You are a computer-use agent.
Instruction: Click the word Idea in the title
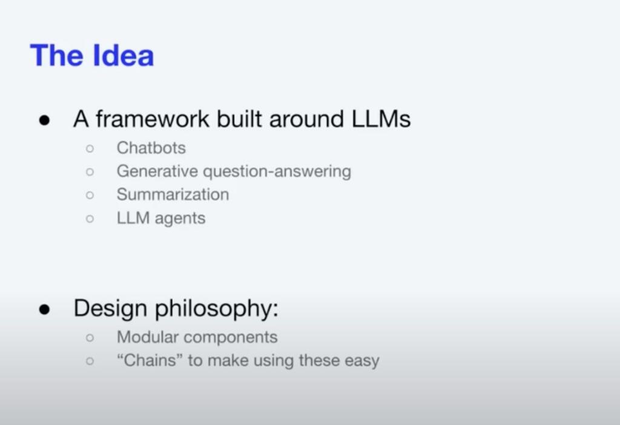pyautogui.click(x=123, y=55)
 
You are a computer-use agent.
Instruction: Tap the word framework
pyautogui.click(x=152, y=119)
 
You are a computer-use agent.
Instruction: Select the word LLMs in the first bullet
pyautogui.click(x=381, y=119)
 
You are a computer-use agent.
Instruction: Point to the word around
pyautogui.click(x=306, y=119)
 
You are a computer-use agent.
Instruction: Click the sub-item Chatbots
pyautogui.click(x=151, y=148)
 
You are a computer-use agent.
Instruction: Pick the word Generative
pyautogui.click(x=157, y=171)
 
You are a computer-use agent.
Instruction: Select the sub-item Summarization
pyautogui.click(x=173, y=194)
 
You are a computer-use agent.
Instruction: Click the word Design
pyautogui.click(x=110, y=309)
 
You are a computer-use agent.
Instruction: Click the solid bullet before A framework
pyautogui.click(x=45, y=120)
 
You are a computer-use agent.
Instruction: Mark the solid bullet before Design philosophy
pyautogui.click(x=45, y=309)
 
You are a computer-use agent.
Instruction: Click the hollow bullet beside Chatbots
pyautogui.click(x=90, y=149)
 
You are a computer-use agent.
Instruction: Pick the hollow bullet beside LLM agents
pyautogui.click(x=90, y=219)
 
